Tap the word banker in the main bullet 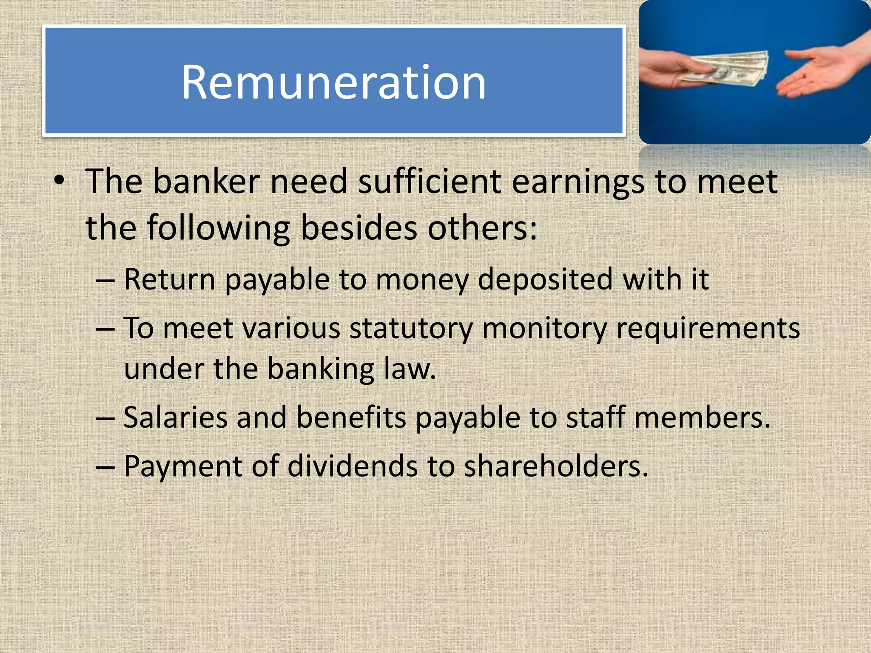pos(206,182)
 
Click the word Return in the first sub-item pos(170,279)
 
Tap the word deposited pos(545,280)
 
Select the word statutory pos(411,329)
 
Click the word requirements pos(708,329)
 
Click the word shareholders pos(555,466)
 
